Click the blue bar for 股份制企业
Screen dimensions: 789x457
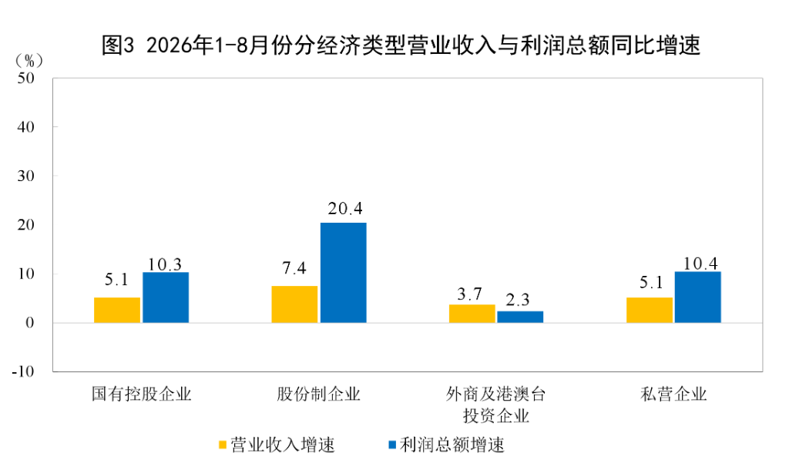coord(343,272)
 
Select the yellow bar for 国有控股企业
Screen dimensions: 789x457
coord(117,310)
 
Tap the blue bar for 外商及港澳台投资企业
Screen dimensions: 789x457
coord(520,317)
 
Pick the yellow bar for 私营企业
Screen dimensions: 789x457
coord(649,310)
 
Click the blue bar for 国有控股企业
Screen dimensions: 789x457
coord(166,297)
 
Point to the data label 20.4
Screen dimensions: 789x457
coord(345,208)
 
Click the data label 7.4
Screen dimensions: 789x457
coord(294,268)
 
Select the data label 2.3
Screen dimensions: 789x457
coord(518,300)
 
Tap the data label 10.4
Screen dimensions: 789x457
coord(700,264)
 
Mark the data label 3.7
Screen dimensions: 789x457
coord(469,294)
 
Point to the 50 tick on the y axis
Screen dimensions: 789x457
coord(25,78)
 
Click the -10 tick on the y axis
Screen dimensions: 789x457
coord(23,372)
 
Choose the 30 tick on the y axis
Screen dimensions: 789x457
coord(25,176)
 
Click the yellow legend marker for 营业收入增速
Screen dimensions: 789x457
coord(223,445)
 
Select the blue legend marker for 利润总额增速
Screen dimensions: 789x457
coord(392,445)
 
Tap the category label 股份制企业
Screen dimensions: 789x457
coord(318,394)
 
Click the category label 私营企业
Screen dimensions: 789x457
coord(673,394)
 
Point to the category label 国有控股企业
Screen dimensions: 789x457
coord(142,394)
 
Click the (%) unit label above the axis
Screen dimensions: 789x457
coord(29,61)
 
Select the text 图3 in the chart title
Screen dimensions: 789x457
coord(118,45)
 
